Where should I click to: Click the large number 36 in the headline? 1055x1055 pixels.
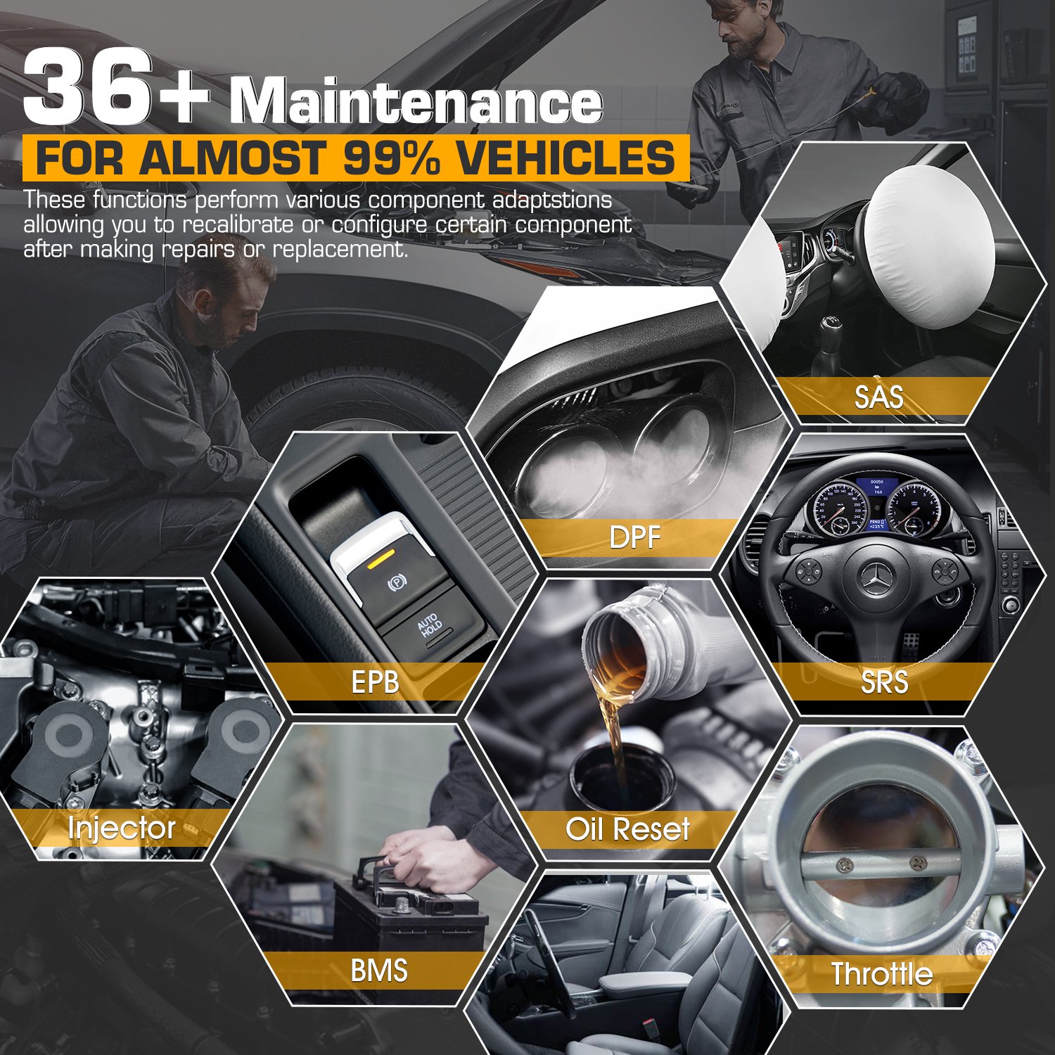(x=88, y=87)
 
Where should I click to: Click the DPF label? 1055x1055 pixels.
(x=634, y=538)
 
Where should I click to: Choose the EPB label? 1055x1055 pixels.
(x=376, y=682)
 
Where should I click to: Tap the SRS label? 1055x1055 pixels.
(x=884, y=682)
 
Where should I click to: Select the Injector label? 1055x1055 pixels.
(x=122, y=829)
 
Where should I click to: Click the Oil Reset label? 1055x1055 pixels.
(x=627, y=829)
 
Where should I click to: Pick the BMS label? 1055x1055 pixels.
(x=379, y=971)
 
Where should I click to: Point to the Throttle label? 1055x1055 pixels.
(x=882, y=974)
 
